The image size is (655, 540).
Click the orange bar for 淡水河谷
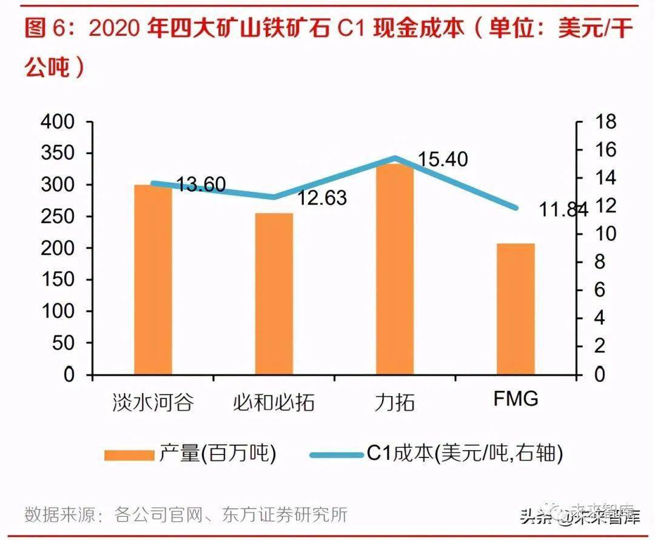click(x=153, y=279)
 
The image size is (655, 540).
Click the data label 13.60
click(x=201, y=184)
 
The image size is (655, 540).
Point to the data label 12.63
click(x=321, y=198)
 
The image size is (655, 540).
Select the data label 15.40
click(x=443, y=160)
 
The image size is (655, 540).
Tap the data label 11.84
click(x=563, y=210)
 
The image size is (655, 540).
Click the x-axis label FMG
click(x=516, y=400)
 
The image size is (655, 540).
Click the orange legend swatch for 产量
click(x=129, y=454)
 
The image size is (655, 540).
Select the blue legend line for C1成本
click(x=337, y=454)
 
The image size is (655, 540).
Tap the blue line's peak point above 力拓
click(x=395, y=158)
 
